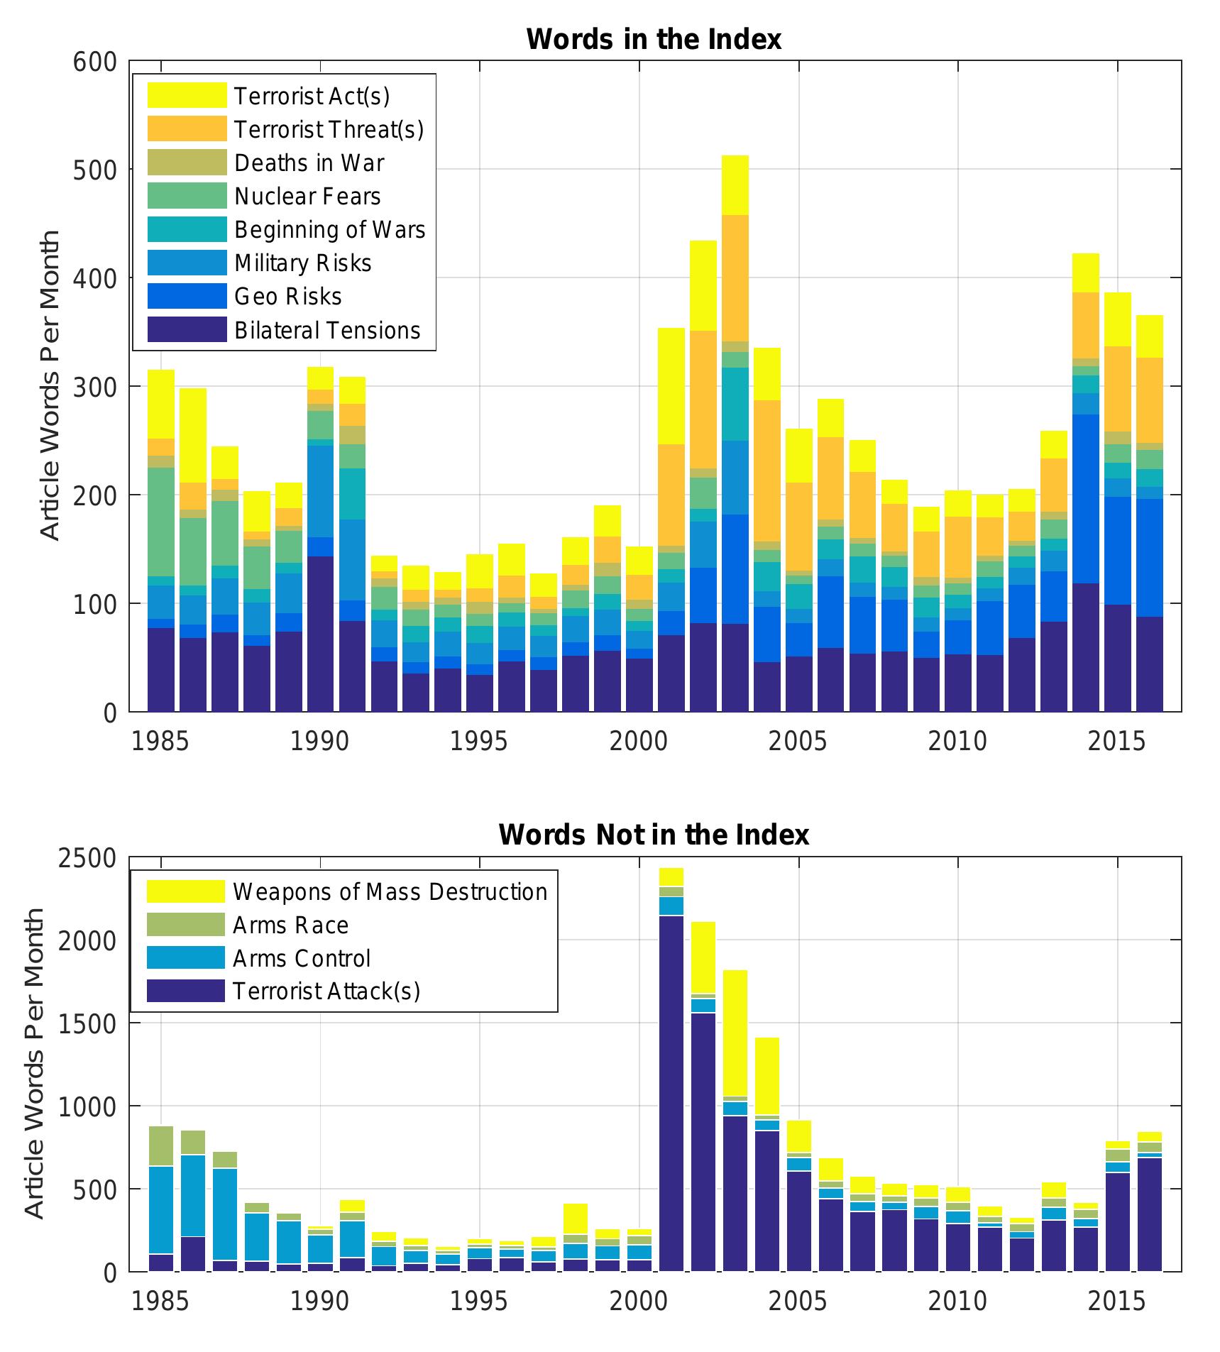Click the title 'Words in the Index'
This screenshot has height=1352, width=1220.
coord(653,39)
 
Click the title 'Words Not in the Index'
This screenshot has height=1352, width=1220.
coord(653,835)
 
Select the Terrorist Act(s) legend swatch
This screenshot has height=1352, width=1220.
coord(187,96)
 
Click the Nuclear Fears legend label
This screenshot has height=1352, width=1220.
coord(307,197)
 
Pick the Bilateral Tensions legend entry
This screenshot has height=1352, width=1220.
coord(326,331)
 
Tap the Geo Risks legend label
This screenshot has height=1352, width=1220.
coord(287,297)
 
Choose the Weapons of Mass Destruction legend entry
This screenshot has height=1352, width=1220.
coord(390,892)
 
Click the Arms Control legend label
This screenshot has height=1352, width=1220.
coord(302,959)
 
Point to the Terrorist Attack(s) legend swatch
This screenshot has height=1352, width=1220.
coord(185,991)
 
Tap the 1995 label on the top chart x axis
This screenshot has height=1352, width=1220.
coord(479,742)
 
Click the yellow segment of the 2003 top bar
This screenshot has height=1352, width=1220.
coord(735,185)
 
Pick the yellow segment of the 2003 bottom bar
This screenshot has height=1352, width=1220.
coord(735,1033)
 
